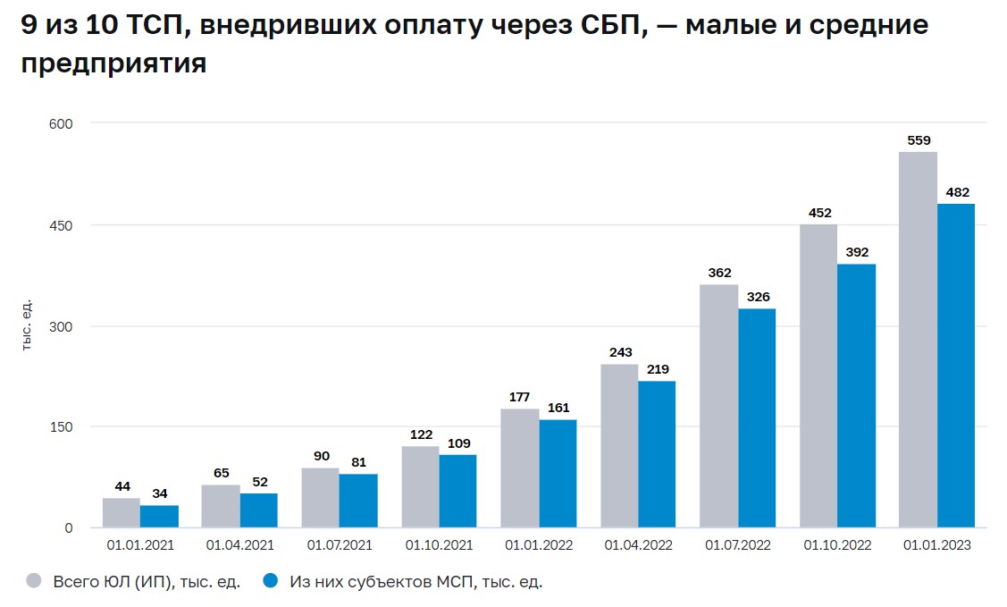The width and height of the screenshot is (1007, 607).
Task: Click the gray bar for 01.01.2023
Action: coord(918,340)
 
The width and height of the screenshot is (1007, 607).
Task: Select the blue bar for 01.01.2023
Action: coord(956,366)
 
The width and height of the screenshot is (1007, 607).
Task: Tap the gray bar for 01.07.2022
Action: coord(718,406)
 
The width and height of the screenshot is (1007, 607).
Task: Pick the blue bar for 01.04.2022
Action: coord(657,454)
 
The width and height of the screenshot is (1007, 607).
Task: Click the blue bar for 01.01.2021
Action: coord(159,517)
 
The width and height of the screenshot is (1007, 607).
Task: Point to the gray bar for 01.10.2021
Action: coord(420,487)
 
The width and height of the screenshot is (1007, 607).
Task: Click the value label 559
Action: coord(919,140)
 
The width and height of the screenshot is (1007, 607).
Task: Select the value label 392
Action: coord(856,252)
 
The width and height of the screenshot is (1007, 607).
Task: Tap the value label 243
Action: coord(620,352)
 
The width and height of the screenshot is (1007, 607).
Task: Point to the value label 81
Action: coord(358,462)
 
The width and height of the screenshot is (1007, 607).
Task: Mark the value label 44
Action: coord(122,486)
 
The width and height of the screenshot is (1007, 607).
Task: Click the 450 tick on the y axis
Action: coord(61,224)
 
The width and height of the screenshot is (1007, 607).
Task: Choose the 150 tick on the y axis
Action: coord(61,426)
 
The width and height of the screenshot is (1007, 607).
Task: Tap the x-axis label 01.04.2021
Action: coord(240,544)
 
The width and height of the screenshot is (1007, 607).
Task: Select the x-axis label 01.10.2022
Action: coord(837,544)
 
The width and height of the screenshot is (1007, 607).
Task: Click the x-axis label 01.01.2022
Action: coord(539,544)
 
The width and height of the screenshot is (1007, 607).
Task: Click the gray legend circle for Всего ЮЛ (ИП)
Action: coord(34,581)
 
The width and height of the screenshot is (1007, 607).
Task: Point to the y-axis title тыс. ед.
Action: coord(28,324)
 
